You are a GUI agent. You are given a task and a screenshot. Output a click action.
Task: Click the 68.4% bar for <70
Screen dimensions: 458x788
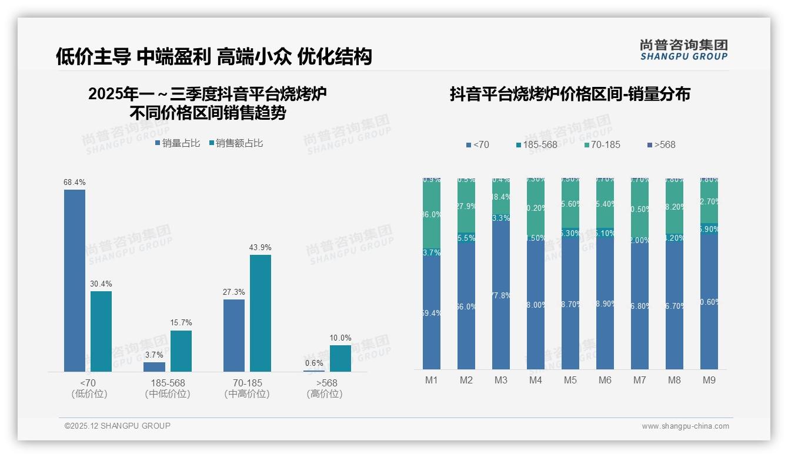click(75, 280)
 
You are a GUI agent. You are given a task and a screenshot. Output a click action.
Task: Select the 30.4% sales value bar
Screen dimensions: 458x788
click(101, 331)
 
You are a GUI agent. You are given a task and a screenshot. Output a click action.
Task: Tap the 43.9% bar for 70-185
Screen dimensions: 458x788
click(261, 313)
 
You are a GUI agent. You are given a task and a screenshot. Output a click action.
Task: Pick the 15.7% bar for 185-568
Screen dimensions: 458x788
click(181, 351)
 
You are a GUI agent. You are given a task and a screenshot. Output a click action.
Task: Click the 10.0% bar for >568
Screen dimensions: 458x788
click(340, 358)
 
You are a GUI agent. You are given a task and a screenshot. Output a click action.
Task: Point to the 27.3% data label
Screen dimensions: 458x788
click(234, 292)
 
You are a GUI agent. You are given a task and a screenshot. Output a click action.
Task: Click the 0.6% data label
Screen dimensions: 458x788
click(314, 363)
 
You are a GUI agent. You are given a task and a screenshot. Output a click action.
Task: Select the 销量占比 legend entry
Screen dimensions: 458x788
click(178, 143)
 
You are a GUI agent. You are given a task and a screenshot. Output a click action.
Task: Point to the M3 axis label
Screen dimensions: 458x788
click(500, 380)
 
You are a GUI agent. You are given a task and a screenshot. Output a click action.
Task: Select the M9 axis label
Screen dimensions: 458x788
click(709, 380)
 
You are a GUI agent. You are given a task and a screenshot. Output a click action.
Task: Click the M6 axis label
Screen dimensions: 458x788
click(605, 380)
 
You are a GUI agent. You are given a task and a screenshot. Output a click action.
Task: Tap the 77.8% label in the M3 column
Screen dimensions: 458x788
click(500, 295)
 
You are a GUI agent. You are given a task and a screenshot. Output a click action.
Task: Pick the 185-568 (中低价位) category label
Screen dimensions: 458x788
click(168, 388)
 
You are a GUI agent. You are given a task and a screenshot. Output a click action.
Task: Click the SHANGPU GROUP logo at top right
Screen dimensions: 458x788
click(683, 50)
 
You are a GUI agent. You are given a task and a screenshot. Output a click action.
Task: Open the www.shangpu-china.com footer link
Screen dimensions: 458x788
click(685, 426)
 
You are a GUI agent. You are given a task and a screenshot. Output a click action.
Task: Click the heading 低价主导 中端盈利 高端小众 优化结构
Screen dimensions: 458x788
click(214, 56)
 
